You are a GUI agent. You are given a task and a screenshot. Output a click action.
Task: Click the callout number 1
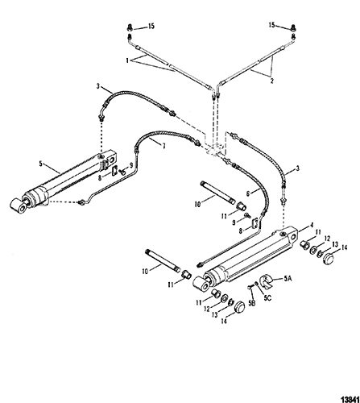[x=127, y=60]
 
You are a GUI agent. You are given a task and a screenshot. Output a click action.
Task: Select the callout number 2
[x=272, y=81]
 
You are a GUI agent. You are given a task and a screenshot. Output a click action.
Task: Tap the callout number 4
[x=312, y=225]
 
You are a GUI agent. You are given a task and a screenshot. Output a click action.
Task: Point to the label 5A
[x=288, y=279]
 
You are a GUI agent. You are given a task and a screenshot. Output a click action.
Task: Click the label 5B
[x=251, y=303]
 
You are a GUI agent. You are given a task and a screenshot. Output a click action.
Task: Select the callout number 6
[x=248, y=193]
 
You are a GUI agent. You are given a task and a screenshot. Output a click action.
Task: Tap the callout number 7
[x=163, y=147]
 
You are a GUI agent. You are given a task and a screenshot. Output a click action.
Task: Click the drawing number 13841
[x=350, y=398]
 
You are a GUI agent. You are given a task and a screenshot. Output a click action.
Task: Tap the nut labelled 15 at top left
[x=130, y=27]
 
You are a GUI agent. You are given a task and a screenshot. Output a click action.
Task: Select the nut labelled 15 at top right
[x=293, y=29]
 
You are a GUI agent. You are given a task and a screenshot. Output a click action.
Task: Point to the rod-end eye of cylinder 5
[x=19, y=206]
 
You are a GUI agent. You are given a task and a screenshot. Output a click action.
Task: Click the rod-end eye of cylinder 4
[x=201, y=285]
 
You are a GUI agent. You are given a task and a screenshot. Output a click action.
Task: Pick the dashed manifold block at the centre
[x=216, y=147]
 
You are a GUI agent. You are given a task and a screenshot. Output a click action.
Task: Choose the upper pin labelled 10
[x=218, y=193]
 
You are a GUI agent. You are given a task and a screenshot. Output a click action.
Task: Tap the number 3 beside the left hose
[x=98, y=86]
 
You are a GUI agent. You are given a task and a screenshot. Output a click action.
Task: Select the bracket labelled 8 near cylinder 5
[x=114, y=171]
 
